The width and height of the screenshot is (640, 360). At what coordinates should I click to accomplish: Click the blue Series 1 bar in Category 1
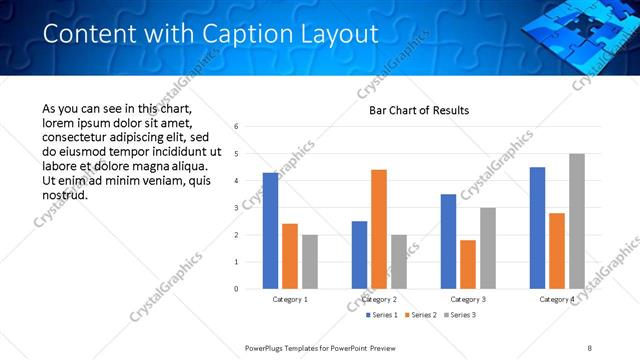point(270,231)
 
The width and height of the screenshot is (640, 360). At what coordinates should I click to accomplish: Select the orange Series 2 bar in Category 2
point(379,229)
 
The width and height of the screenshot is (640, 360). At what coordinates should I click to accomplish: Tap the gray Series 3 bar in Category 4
point(577,221)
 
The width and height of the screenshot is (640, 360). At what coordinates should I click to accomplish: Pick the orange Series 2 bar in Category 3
point(468,264)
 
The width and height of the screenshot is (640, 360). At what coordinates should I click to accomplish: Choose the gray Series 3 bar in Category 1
point(310,262)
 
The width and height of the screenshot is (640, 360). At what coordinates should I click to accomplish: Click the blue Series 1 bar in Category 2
point(359,255)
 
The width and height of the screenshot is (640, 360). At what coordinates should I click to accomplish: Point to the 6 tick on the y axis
point(236,127)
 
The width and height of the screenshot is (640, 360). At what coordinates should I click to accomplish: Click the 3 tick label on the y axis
point(236,208)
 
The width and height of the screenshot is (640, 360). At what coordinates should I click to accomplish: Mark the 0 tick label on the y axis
point(236,289)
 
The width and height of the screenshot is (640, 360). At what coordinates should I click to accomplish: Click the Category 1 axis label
point(290,300)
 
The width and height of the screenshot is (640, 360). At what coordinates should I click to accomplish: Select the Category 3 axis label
point(468,300)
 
